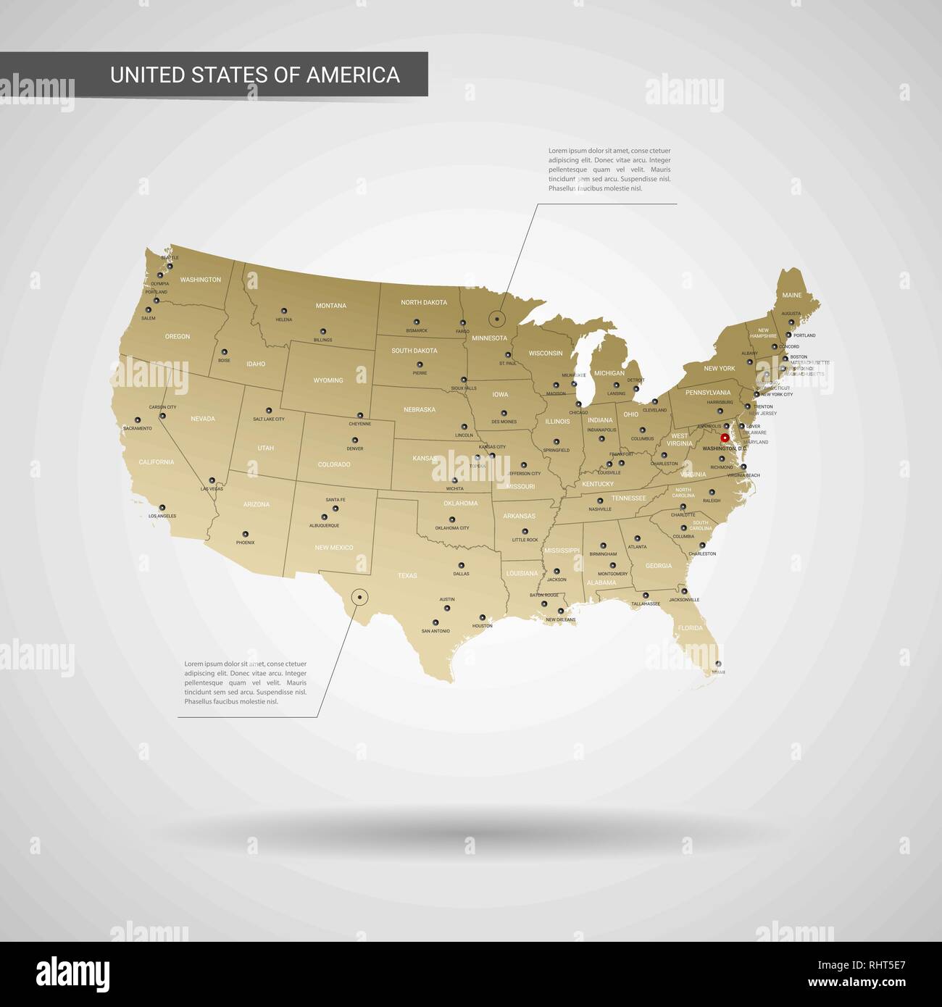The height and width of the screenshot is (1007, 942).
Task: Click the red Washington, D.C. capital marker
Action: [725, 438]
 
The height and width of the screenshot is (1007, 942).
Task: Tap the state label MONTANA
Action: [331, 306]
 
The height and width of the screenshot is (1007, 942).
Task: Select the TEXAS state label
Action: [407, 576]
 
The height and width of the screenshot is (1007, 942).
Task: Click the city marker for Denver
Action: [355, 440]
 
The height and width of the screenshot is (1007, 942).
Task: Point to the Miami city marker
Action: [718, 664]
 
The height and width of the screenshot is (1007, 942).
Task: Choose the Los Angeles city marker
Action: [162, 507]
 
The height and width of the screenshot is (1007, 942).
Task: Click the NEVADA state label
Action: [203, 419]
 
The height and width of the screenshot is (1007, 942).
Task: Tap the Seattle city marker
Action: [170, 266]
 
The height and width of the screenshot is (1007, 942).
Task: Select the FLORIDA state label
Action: [690, 628]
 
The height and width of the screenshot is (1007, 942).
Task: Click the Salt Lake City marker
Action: [268, 410]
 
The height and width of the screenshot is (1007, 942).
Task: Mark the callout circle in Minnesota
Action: [497, 319]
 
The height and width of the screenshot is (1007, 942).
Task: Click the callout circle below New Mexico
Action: [359, 597]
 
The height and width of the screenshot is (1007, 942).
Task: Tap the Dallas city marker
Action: [461, 565]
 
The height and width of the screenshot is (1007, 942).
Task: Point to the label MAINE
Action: [792, 296]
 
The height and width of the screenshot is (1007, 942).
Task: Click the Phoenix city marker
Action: [245, 533]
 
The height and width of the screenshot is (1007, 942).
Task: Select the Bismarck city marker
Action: [417, 322]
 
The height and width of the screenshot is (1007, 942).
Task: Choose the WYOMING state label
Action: [328, 380]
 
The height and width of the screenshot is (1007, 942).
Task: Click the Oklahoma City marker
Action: [452, 519]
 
